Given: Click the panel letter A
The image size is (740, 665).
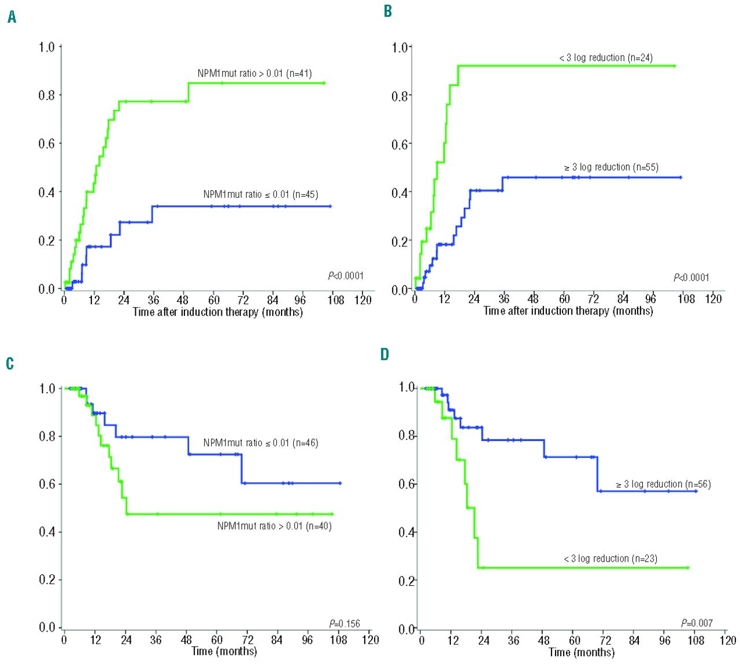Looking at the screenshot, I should click(x=12, y=18).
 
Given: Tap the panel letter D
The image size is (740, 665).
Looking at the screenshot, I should click(x=385, y=354).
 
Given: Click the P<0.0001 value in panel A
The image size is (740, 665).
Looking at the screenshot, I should click(x=346, y=276).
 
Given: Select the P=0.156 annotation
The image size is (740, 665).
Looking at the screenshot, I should click(x=344, y=623).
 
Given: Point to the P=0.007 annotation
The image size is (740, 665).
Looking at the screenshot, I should click(x=697, y=623).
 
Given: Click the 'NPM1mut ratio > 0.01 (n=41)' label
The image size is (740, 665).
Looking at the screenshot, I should click(x=254, y=73).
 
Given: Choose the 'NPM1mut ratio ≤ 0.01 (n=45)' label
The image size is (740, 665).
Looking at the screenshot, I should click(x=260, y=194).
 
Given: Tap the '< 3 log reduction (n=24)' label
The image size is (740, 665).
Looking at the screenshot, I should click(x=606, y=58).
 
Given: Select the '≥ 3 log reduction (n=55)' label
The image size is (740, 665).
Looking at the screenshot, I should click(x=611, y=167).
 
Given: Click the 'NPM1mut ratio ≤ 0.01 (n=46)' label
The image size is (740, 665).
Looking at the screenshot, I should click(x=260, y=443).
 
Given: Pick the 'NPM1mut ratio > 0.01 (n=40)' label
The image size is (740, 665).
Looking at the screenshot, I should click(x=274, y=526).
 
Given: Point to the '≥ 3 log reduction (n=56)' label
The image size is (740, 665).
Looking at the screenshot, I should click(x=663, y=484).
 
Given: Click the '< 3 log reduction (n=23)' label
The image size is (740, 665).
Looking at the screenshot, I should click(x=610, y=559).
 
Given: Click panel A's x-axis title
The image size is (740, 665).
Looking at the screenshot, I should click(x=217, y=312).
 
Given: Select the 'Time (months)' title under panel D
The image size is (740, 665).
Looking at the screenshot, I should click(x=581, y=652).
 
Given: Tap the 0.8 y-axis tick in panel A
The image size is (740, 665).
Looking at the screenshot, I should click(x=47, y=95).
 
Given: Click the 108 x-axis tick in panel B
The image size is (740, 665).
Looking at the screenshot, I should click(x=686, y=299).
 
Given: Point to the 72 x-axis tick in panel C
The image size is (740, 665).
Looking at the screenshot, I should click(x=247, y=640).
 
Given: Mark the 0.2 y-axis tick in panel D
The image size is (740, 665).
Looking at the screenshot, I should click(x=406, y=581).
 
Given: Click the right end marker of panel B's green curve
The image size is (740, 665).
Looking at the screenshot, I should click(x=674, y=66).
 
